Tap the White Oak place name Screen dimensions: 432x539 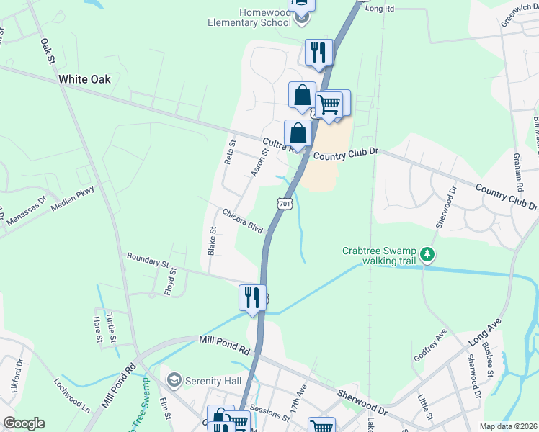(84, 79)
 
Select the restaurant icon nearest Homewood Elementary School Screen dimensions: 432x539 (318, 53)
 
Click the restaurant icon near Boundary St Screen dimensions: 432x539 (251, 297)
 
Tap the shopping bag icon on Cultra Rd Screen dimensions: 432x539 (298, 133)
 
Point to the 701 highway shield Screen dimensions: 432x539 (285, 204)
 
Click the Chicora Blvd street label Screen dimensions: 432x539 (242, 220)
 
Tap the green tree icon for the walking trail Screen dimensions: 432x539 (428, 253)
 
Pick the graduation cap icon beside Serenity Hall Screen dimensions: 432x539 (174, 379)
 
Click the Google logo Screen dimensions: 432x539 (24, 423)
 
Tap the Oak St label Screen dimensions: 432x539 (48, 51)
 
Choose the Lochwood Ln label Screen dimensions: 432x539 (72, 395)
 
